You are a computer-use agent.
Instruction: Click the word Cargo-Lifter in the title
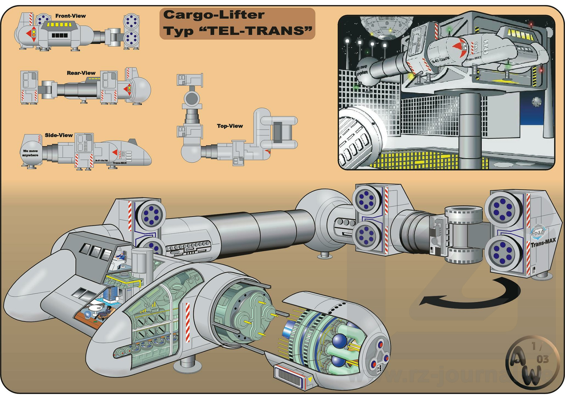click(x=214, y=15)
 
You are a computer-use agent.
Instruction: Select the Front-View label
click(x=70, y=16)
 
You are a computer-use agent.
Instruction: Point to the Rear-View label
click(x=81, y=73)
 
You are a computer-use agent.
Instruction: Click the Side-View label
click(x=59, y=135)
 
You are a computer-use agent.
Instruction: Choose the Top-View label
click(x=230, y=126)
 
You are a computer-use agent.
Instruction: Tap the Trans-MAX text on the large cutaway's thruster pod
click(x=543, y=243)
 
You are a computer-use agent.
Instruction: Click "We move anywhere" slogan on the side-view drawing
click(x=30, y=153)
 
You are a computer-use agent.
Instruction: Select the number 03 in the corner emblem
click(x=543, y=359)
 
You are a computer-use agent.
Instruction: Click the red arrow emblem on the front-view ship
click(x=32, y=33)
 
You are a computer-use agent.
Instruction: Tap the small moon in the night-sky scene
click(x=536, y=102)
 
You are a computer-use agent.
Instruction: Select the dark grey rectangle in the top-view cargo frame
click(x=277, y=132)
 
